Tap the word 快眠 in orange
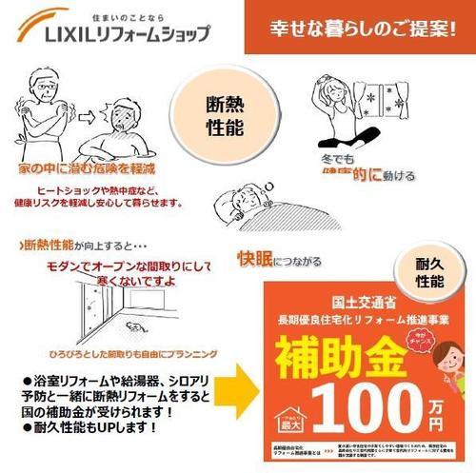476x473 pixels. tap(254, 258)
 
